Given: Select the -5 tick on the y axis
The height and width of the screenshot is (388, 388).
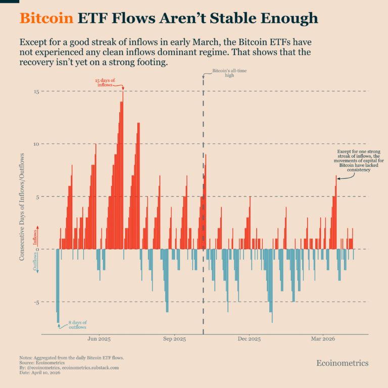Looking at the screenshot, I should coord(35,302).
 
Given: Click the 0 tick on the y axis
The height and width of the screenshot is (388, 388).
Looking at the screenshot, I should coord(36,249).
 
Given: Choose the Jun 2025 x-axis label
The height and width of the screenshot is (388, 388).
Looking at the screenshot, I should coord(99,339).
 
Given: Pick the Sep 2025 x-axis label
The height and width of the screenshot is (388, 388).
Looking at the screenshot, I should coord(174,339).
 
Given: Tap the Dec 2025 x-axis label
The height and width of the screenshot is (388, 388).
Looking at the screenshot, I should coord(249,339).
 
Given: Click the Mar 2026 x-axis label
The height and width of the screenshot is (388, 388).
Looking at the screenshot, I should coord(323,339).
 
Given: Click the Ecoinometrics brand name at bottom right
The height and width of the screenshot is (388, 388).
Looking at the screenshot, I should coord(342,363).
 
